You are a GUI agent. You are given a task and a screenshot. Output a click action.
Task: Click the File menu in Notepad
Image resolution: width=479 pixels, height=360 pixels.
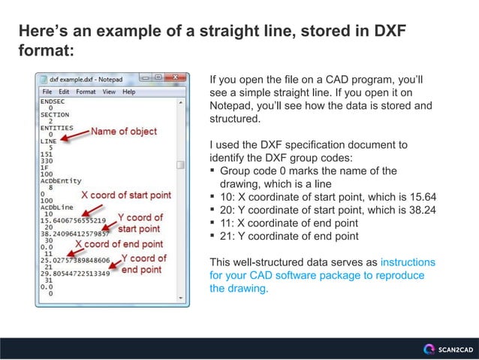point(47,92)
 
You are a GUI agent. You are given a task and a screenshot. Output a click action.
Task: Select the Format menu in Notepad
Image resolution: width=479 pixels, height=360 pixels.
point(86,92)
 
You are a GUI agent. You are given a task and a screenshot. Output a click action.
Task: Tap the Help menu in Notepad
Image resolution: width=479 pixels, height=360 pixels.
point(129,92)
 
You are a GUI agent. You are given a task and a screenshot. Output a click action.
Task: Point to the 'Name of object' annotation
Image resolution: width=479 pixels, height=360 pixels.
point(124,132)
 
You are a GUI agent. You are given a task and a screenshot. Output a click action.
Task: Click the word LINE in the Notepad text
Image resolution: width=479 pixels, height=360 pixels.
point(49,141)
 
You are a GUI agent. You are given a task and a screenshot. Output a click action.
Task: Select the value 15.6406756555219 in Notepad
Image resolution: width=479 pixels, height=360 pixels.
point(74,220)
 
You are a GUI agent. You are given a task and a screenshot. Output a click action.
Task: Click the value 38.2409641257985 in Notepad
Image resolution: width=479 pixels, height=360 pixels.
point(76,234)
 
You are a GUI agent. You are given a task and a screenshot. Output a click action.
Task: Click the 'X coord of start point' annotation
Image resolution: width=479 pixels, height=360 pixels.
point(126,195)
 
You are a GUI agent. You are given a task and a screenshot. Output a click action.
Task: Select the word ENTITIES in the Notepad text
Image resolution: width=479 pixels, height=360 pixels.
point(57,127)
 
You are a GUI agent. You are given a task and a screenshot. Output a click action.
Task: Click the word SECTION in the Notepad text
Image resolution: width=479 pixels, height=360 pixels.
point(55,114)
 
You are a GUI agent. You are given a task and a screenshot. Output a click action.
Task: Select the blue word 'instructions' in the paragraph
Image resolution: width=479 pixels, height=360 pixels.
point(408,263)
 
